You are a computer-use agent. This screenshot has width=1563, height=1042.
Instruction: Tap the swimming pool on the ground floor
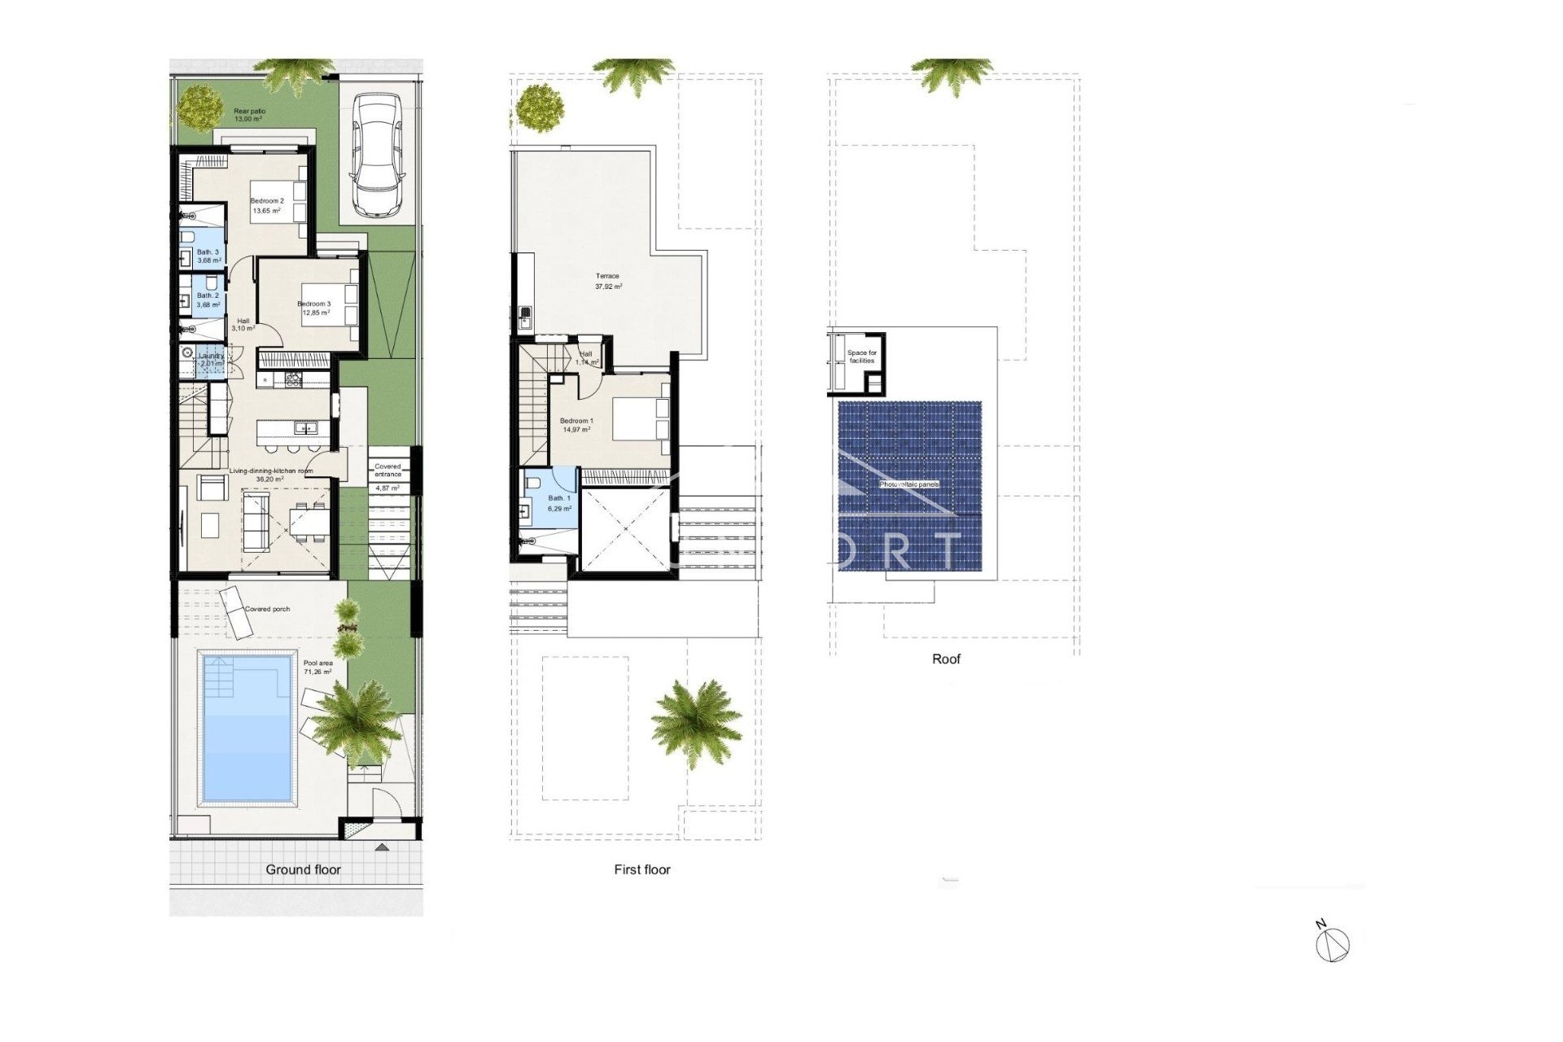click(247, 726)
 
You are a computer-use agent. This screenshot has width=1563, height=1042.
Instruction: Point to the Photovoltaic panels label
click(909, 484)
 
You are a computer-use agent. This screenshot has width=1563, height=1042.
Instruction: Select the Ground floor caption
click(303, 869)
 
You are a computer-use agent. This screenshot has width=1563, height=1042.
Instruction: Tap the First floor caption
click(642, 869)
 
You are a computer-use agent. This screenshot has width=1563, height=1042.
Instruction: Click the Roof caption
click(946, 659)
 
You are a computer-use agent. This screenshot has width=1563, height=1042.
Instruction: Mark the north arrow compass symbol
click(1332, 943)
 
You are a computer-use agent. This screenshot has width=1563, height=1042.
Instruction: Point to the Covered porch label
click(267, 609)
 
